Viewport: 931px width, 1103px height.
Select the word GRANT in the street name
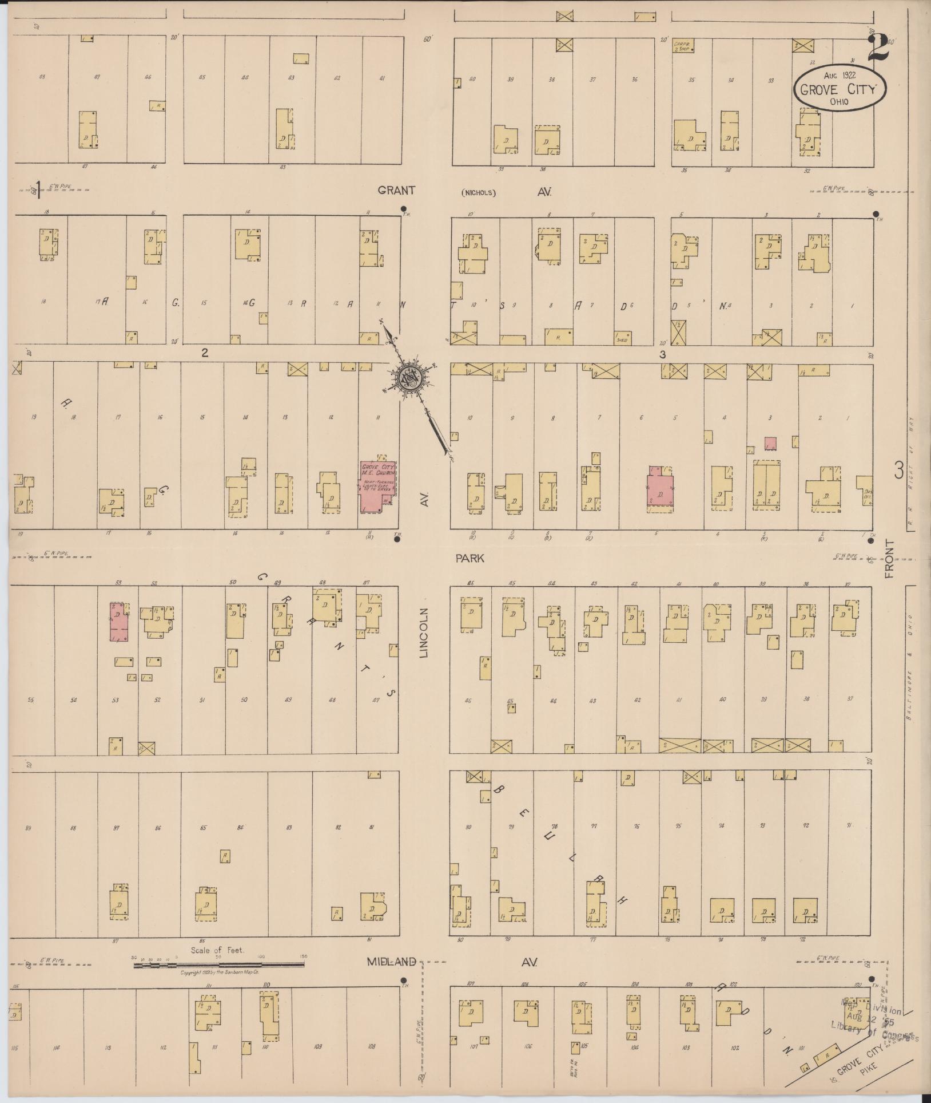point(396,191)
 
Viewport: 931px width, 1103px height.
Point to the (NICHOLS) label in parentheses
point(478,193)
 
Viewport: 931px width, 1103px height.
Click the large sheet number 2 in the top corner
point(878,47)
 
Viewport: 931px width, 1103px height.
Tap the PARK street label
point(470,558)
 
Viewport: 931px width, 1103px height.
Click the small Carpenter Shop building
point(683,46)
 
